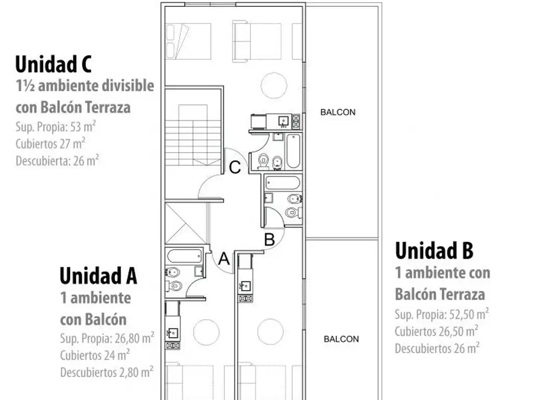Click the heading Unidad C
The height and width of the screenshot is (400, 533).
click(54, 64)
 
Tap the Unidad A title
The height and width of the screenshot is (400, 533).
click(98, 276)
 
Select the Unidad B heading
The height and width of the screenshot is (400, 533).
click(434, 251)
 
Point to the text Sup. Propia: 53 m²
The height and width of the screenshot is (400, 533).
click(56, 127)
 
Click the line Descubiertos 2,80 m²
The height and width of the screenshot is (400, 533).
click(107, 372)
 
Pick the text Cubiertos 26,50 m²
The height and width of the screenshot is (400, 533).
click(437, 331)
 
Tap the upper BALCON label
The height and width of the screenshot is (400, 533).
click(338, 113)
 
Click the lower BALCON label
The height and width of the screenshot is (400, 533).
click(341, 339)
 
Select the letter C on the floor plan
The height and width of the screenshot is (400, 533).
click(235, 167)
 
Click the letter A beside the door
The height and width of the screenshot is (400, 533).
click(224, 259)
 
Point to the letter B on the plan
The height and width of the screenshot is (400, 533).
click(269, 239)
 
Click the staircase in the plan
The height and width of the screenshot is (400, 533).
click(193, 135)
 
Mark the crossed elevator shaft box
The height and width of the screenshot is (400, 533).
click(186, 223)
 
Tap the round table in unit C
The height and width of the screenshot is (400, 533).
click(274, 85)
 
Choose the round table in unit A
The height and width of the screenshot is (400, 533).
click(206, 332)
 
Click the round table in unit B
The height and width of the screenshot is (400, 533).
click(271, 332)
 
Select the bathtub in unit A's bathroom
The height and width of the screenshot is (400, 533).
click(185, 256)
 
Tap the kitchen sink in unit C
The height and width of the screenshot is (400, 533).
click(283, 121)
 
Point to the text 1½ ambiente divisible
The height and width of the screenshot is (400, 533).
click(85, 86)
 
